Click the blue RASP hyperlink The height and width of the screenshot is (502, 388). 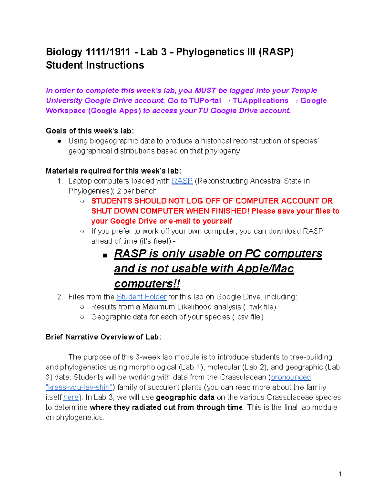[182, 181]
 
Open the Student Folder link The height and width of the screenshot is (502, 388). [141, 297]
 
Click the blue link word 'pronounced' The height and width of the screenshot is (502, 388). [291, 377]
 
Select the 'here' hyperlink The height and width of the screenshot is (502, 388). [71, 397]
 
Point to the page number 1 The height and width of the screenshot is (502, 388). [340, 474]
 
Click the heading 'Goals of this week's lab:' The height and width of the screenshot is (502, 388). [90, 131]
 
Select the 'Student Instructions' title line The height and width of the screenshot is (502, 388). [95, 65]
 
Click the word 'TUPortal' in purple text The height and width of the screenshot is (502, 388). [205, 101]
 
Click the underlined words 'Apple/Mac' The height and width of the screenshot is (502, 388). [265, 269]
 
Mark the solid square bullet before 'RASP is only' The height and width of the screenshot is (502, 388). [105, 255]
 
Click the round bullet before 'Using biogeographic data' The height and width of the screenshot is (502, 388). [59, 141]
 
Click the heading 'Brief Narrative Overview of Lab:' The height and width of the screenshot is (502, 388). [103, 337]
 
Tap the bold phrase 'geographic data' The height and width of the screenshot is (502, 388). [185, 397]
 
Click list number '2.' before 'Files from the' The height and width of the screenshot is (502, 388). [60, 297]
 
